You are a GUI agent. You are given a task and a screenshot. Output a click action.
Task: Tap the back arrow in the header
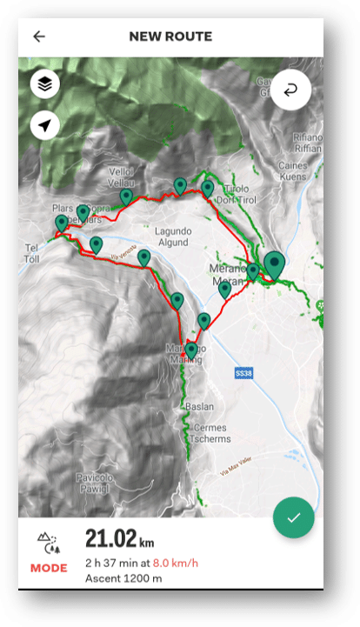pyautogui.click(x=39, y=37)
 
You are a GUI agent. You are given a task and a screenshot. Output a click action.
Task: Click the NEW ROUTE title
pyautogui.click(x=170, y=37)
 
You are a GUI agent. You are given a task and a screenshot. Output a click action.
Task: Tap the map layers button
pyautogui.click(x=45, y=84)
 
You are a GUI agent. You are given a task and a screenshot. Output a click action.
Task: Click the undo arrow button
pyautogui.click(x=290, y=89)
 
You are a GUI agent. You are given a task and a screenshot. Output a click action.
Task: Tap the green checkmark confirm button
pyautogui.click(x=293, y=518)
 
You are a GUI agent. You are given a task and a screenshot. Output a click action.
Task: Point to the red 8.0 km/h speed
pyautogui.click(x=178, y=563)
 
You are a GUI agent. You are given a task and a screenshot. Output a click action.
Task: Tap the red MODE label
pyautogui.click(x=48, y=568)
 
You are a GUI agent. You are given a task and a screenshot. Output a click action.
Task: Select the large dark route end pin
pyautogui.click(x=276, y=264)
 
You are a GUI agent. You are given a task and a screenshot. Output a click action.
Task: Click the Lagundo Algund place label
pyautogui.click(x=172, y=237)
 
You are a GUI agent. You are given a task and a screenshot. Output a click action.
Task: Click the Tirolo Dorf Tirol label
pyautogui.click(x=237, y=194)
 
